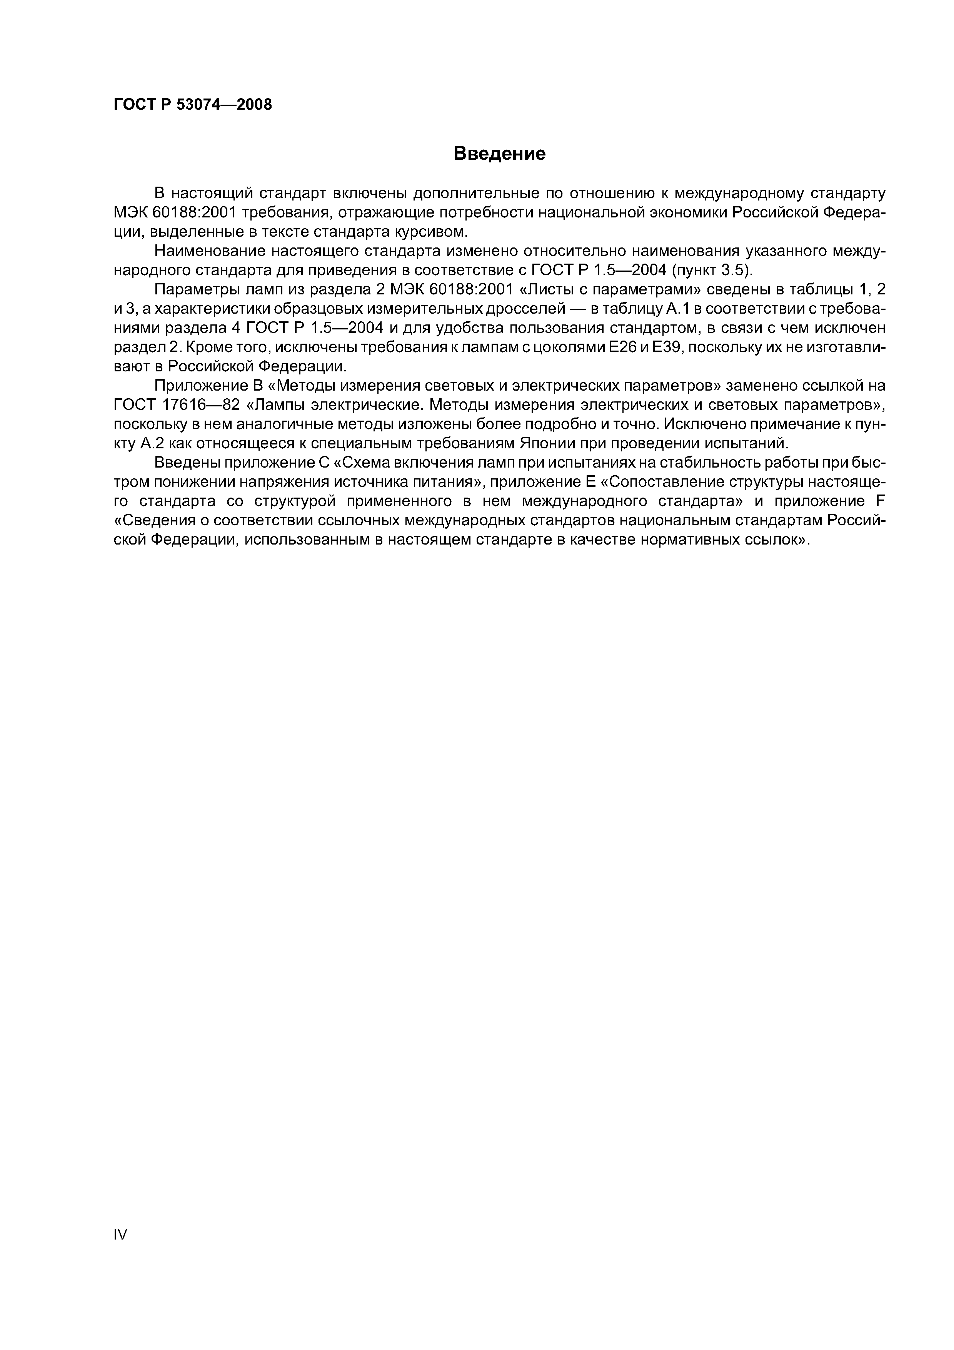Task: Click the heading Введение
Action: click(x=500, y=154)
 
